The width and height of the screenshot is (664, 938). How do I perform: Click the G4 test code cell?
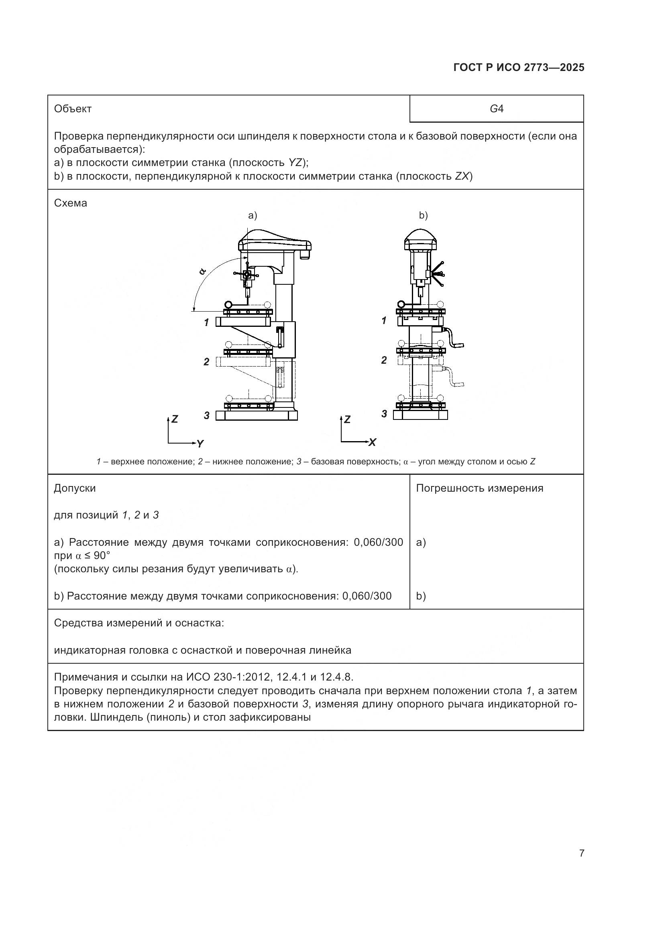[496, 109]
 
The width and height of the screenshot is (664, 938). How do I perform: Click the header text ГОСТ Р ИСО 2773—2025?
[518, 68]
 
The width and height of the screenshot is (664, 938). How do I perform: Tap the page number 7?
[582, 853]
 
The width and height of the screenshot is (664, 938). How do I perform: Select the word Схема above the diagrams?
[70, 203]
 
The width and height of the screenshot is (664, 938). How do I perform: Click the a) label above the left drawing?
[253, 215]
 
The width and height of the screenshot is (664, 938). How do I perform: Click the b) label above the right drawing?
[423, 215]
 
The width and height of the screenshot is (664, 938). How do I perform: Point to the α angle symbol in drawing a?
[202, 271]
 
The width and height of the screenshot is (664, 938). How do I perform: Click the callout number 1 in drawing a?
[207, 322]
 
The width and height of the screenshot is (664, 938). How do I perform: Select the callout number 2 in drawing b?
[384, 360]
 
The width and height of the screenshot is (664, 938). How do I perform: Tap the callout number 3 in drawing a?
[207, 415]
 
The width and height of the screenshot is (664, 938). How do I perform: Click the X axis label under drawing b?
[372, 442]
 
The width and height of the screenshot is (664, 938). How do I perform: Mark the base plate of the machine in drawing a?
[257, 415]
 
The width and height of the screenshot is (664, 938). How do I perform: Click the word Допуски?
[75, 488]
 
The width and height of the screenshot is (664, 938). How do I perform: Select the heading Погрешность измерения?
[479, 488]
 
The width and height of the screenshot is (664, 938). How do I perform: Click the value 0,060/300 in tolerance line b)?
[367, 596]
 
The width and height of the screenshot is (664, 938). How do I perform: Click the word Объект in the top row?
[73, 109]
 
